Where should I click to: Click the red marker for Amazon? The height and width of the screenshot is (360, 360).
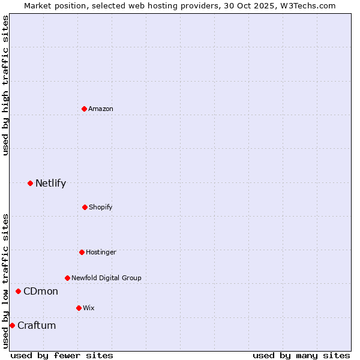coord(84,109)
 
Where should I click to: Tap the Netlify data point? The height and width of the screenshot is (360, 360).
coord(30,183)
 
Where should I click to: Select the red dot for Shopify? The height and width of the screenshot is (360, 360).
coord(85,207)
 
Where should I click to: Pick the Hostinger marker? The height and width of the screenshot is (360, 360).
coord(82,252)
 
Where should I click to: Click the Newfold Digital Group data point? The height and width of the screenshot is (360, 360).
coord(67,278)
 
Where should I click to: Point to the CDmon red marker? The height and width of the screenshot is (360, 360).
coord(18,292)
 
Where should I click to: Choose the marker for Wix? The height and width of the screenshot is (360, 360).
coord(79,308)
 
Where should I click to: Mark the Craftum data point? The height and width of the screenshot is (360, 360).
coord(12,325)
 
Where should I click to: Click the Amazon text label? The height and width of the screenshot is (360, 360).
coord(101,109)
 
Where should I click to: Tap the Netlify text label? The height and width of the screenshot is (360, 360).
coord(50,184)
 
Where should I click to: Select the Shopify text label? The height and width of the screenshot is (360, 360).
coord(100,207)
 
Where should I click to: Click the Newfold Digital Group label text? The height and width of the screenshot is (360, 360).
coord(106,278)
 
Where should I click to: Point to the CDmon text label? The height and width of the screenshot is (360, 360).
coord(41,292)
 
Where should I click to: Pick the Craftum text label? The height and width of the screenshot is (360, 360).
coord(37,326)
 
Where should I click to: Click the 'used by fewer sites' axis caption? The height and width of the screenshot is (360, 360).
coord(62,355)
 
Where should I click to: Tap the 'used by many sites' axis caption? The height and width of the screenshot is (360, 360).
coord(301,355)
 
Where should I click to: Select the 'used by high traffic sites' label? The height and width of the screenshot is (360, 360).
coord(5,85)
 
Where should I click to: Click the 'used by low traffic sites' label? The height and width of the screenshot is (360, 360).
coord(5,281)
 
